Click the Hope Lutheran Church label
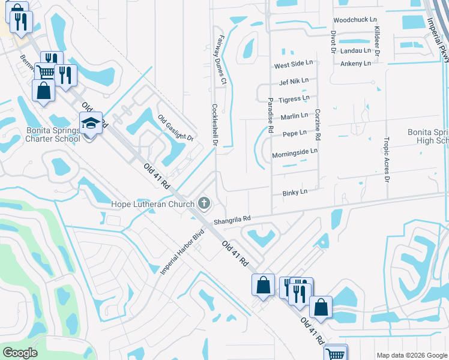tap(152, 204)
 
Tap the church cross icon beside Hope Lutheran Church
tap(205, 203)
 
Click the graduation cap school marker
tap(91, 123)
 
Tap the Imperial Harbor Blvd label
tap(179, 252)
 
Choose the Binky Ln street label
tap(295, 192)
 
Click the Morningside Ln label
tap(294, 153)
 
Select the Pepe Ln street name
tap(295, 133)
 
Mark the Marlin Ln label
tap(294, 115)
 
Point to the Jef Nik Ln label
tap(294, 80)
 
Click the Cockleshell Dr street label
tap(214, 125)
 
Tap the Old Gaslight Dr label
tap(176, 128)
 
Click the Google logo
tap(19, 353)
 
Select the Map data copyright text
tap(412, 355)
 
